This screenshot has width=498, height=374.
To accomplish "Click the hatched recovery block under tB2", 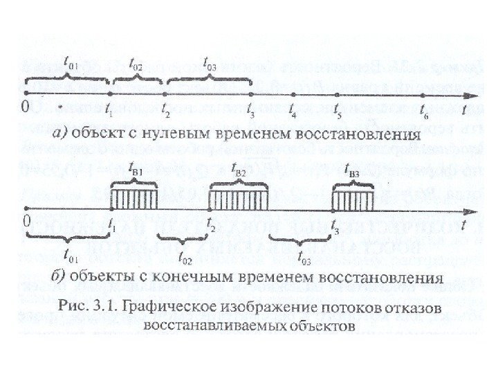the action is point(234,198).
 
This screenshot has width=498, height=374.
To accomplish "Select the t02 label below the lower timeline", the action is point(185,262).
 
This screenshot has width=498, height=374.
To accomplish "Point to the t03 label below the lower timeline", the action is point(302,262).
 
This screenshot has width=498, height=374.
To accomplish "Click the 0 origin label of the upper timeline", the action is point(25,108).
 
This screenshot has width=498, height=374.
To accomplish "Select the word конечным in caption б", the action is point(190,279).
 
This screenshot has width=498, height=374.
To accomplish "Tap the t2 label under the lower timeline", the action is point(212,226).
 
